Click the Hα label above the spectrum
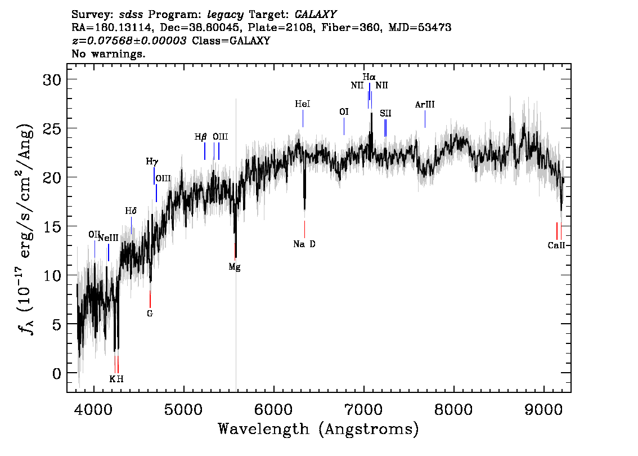(x=369, y=77)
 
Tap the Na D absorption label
(x=304, y=244)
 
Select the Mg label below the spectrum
(x=235, y=267)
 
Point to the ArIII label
(x=425, y=105)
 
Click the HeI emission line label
(x=302, y=104)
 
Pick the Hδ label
(x=131, y=211)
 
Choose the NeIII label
(x=108, y=238)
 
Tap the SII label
(x=385, y=113)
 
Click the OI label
(x=344, y=111)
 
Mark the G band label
(x=150, y=314)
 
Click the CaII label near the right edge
(x=556, y=245)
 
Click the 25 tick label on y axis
(x=52, y=128)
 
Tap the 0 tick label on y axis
(x=57, y=373)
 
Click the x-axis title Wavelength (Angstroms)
(x=318, y=429)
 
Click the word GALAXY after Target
(x=315, y=14)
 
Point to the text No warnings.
(x=108, y=53)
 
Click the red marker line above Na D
(x=304, y=229)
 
